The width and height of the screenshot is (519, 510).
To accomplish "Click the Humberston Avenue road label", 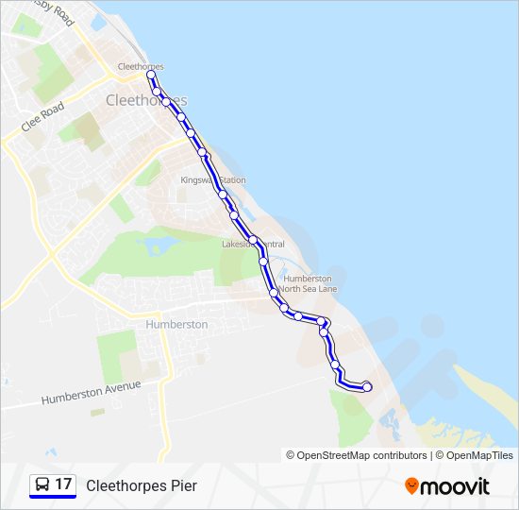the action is coord(91,393).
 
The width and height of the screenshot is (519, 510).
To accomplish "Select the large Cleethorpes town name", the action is coord(146,100).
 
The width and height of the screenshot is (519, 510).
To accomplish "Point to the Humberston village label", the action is coord(176,324).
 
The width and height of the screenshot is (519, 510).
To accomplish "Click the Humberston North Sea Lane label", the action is coord(308,283).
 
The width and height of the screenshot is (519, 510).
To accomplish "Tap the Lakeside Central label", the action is coord(252,244).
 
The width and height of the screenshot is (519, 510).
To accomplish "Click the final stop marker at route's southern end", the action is coord(367,387).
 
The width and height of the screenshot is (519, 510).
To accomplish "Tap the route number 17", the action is coord(63,484).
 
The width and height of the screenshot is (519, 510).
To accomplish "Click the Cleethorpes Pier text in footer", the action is coord(142,485).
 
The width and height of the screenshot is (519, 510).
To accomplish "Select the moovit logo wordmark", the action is coord(457,486).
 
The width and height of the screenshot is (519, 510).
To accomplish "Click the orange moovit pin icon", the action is coord(411,485).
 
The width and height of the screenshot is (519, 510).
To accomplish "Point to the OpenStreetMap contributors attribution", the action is coord(357,455).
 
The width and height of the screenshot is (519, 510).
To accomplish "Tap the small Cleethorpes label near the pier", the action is coord(141,67).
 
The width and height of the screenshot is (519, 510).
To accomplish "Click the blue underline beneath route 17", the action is coord(53,498).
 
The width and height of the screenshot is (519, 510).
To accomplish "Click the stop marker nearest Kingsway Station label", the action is coord(222,194).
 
